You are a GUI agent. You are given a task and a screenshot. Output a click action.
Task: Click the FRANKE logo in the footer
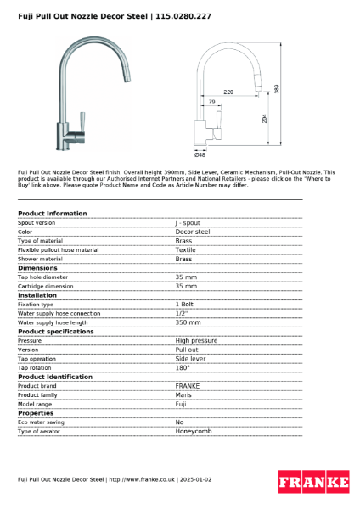pyautogui.click(x=313, y=483)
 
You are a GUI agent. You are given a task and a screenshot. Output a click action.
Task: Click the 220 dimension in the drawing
pyautogui.click(x=228, y=91)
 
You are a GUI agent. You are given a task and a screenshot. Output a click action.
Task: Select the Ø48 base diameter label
pyautogui.click(x=200, y=154)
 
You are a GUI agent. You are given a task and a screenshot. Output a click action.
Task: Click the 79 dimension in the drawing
pyautogui.click(x=212, y=102)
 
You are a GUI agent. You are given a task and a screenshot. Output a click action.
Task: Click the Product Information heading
pyautogui.click(x=52, y=213)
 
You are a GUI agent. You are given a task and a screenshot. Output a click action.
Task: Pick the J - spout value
pyautogui.click(x=188, y=222)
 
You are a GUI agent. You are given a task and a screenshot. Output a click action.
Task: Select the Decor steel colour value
pyautogui.click(x=192, y=232)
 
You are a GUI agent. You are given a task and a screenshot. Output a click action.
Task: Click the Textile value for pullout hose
pyautogui.click(x=184, y=250)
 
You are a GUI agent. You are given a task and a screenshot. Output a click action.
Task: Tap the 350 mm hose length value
pyautogui.click(x=188, y=322)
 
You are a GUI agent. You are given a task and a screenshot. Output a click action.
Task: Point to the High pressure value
pyautogui.click(x=195, y=340)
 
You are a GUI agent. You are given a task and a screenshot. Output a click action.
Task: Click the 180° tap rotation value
pyautogui.click(x=182, y=367)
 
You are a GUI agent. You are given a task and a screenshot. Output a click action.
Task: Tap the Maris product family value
pyautogui.click(x=183, y=394)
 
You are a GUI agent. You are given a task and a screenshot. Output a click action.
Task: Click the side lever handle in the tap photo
pyautogui.click(x=83, y=121)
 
